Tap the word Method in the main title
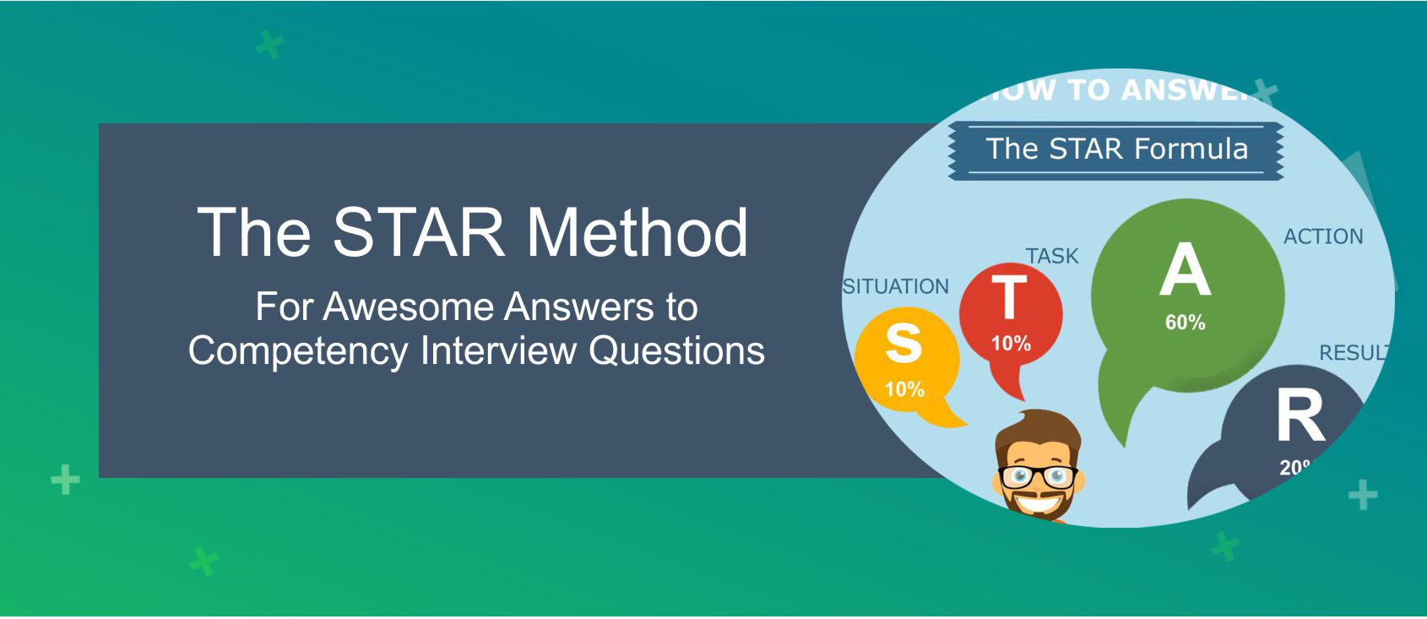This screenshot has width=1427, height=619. click(x=638, y=232)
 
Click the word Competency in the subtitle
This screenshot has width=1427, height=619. click(x=297, y=350)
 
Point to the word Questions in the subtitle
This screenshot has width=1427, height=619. click(x=676, y=350)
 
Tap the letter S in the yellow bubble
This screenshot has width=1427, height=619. click(x=903, y=344)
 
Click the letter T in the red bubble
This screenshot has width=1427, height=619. click(x=1009, y=298)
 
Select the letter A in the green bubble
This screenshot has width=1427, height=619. click(x=1185, y=270)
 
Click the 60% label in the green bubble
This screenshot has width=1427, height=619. click(x=1185, y=323)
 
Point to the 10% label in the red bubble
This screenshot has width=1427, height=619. click(x=1011, y=344)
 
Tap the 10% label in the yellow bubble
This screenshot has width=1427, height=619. click(x=903, y=389)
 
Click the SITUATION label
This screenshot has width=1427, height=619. click(x=897, y=287)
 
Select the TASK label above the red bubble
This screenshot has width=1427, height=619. click(x=1052, y=256)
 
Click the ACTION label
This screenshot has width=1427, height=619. click(x=1323, y=236)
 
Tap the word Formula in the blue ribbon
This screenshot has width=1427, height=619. click(x=1191, y=149)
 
